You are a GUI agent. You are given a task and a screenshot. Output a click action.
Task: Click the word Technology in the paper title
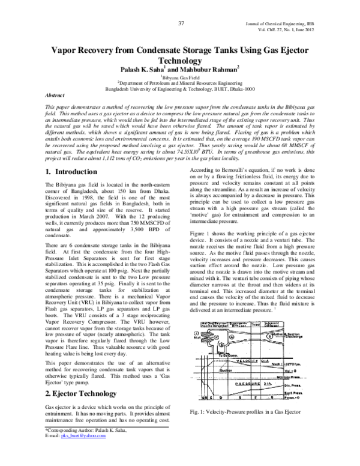tap(180, 61)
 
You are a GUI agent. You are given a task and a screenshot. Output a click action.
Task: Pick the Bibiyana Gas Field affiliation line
tap(179, 79)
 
